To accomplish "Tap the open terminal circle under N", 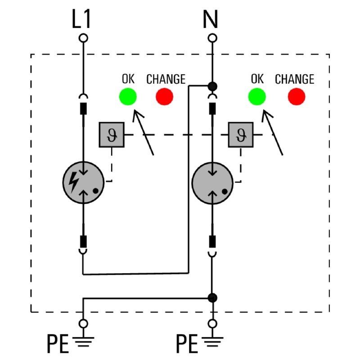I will tap(211, 38).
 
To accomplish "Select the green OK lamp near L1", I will tap(128, 96).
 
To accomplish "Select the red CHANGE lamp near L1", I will tap(164, 96).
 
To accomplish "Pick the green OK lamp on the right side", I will tap(256, 96).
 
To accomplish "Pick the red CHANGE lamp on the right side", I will tap(296, 96).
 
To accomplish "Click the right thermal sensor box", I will tap(240, 135).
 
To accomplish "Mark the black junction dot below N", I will tap(212, 85).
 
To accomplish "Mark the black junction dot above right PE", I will tap(212, 297).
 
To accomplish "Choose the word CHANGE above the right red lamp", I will tap(294, 79).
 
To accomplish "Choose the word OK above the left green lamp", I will tap(128, 79).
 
